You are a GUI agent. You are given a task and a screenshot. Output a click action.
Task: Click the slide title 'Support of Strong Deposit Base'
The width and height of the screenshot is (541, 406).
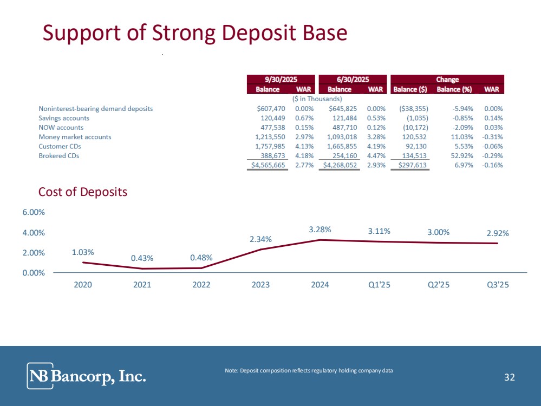coord(195,33)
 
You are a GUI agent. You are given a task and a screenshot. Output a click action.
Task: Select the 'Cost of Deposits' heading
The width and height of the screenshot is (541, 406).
coord(83,192)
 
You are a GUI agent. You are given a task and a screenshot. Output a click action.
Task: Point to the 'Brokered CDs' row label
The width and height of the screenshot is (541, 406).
coord(58,156)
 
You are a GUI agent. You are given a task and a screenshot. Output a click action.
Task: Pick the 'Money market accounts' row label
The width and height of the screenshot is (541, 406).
coord(75,137)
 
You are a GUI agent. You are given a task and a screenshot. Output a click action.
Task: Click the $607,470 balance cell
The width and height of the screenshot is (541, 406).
coord(271,108)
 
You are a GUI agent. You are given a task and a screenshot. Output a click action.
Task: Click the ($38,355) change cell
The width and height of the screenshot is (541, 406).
coord(413,108)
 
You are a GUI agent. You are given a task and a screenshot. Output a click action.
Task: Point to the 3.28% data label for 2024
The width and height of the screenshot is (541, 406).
coord(320,230)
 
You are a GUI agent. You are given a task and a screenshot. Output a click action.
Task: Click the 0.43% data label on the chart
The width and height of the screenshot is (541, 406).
coord(142,259)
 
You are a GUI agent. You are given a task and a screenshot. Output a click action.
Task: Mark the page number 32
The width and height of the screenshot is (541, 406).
coord(509,377)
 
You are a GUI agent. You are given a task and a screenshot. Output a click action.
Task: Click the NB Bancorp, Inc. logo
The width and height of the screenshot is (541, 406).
coord(87,376)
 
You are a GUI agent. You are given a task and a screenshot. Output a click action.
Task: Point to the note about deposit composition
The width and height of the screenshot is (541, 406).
coord(309,370)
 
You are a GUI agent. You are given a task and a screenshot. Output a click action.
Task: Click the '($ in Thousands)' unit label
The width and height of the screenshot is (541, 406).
coord(317,99)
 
